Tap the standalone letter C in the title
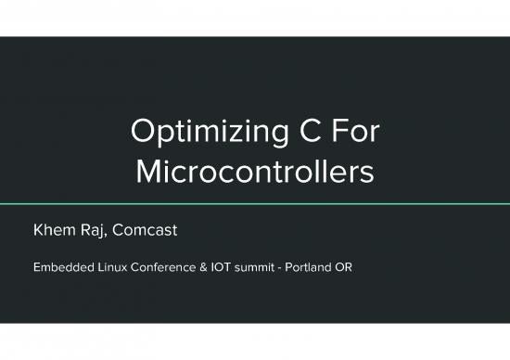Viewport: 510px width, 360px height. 300,134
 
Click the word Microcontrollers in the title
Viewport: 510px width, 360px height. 255,173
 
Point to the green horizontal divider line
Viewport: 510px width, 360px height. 255,202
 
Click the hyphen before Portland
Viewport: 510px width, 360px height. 291,268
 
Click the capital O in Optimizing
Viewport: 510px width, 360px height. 145,134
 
